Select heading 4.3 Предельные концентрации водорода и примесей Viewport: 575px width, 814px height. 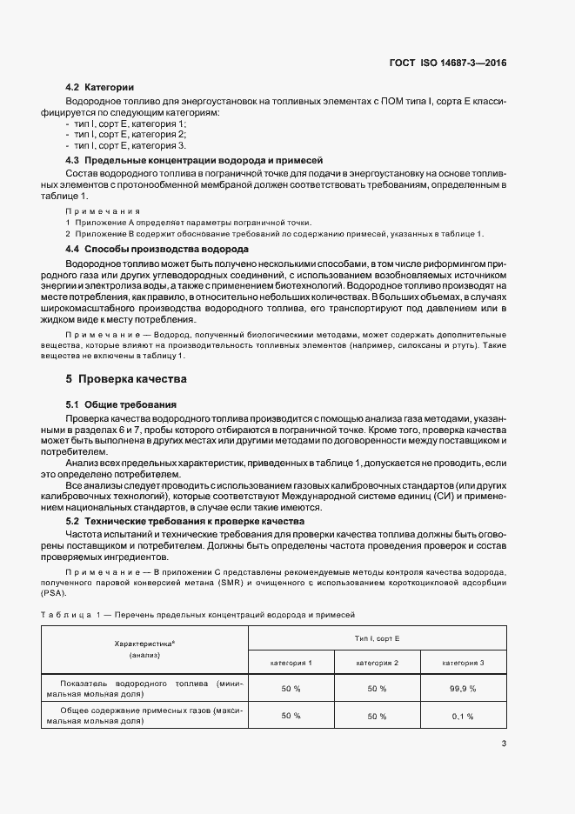(194, 162)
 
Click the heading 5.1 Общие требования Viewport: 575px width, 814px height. (122, 405)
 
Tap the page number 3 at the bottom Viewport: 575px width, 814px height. (504, 743)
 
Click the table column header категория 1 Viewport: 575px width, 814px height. (291, 664)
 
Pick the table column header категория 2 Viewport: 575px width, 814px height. (377, 664)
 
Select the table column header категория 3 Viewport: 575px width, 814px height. (463, 664)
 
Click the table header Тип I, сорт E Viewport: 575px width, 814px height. (377, 638)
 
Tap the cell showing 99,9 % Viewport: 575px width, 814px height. (462, 688)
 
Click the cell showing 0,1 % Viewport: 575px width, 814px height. (462, 716)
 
